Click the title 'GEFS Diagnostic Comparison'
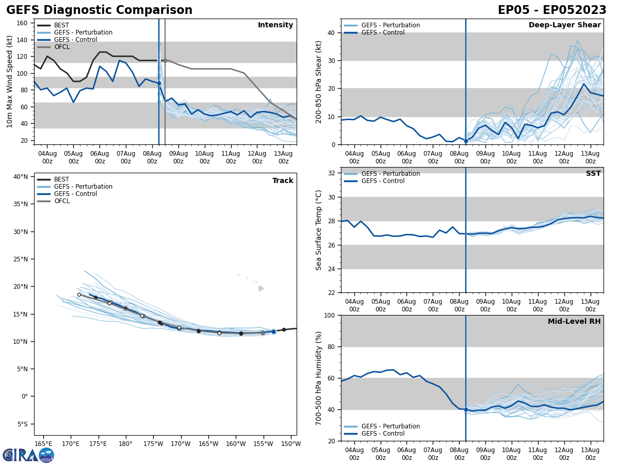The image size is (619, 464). click(99, 10)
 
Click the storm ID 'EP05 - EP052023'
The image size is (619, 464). click(552, 10)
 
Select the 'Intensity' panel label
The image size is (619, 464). click(275, 25)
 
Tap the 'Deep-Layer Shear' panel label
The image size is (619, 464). click(564, 25)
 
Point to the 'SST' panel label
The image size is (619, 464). click(593, 174)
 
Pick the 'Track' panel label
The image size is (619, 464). click(283, 181)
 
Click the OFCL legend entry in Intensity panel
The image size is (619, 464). click(61, 47)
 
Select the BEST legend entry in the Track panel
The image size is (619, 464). click(61, 179)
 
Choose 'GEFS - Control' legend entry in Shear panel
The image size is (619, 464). click(383, 32)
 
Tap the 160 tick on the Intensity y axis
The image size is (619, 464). click(22, 23)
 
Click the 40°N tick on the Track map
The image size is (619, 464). click(21, 177)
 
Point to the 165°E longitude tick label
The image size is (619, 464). click(43, 444)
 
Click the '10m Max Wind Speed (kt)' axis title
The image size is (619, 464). click(10, 82)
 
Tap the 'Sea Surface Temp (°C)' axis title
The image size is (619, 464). click(319, 230)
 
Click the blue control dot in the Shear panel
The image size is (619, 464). click(466, 141)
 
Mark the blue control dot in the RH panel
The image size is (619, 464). click(466, 409)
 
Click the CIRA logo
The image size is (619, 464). click(28, 455)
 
